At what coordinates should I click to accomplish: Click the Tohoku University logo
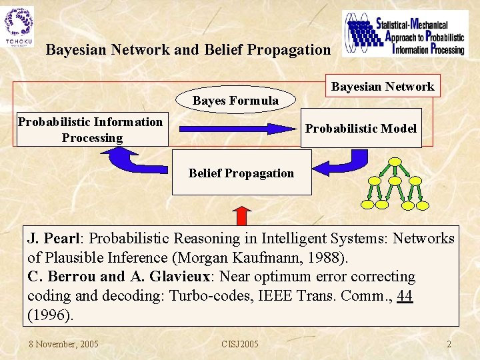pos(19,27)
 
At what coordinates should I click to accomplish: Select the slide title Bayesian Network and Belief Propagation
pos(188,50)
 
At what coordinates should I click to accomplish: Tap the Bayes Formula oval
pos(235,101)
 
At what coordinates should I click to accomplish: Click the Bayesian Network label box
pos(382,86)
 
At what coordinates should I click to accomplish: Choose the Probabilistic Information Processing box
pos(92,129)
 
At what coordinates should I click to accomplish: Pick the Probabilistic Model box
pos(361,128)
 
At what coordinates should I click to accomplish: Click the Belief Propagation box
pos(241,173)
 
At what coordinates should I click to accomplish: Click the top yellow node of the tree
pos(395,162)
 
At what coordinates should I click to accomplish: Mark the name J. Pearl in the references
pos(53,239)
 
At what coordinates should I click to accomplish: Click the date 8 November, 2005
pos(63,344)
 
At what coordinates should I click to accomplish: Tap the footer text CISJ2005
pos(240,344)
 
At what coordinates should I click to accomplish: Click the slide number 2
pos(449,344)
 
